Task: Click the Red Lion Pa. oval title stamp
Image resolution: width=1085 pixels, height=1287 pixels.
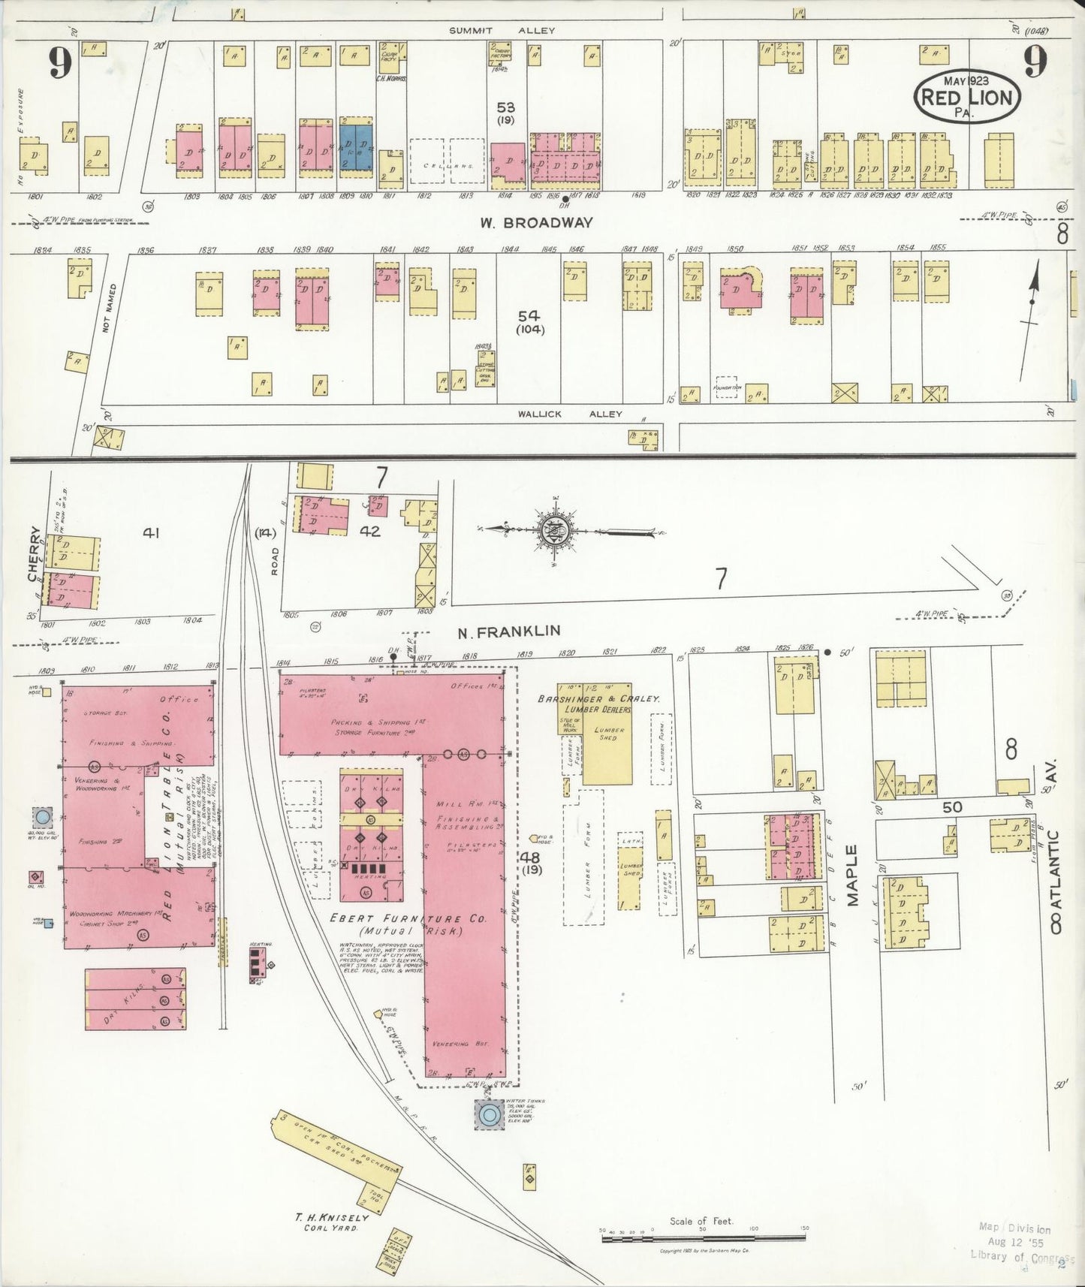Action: (966, 96)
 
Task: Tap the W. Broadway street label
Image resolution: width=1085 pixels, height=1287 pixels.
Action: (538, 223)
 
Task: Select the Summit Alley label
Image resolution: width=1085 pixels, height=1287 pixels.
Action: (502, 31)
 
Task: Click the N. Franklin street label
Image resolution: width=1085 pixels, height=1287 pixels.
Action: (509, 631)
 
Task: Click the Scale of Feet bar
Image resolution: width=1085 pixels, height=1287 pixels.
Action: (704, 1236)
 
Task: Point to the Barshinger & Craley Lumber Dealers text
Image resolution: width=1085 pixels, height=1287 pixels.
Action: (598, 704)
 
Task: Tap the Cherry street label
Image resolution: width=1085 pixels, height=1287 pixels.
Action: (34, 553)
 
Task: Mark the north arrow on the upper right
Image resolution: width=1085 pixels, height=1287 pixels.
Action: (1031, 300)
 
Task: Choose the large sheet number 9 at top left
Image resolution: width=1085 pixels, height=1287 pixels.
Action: (62, 63)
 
